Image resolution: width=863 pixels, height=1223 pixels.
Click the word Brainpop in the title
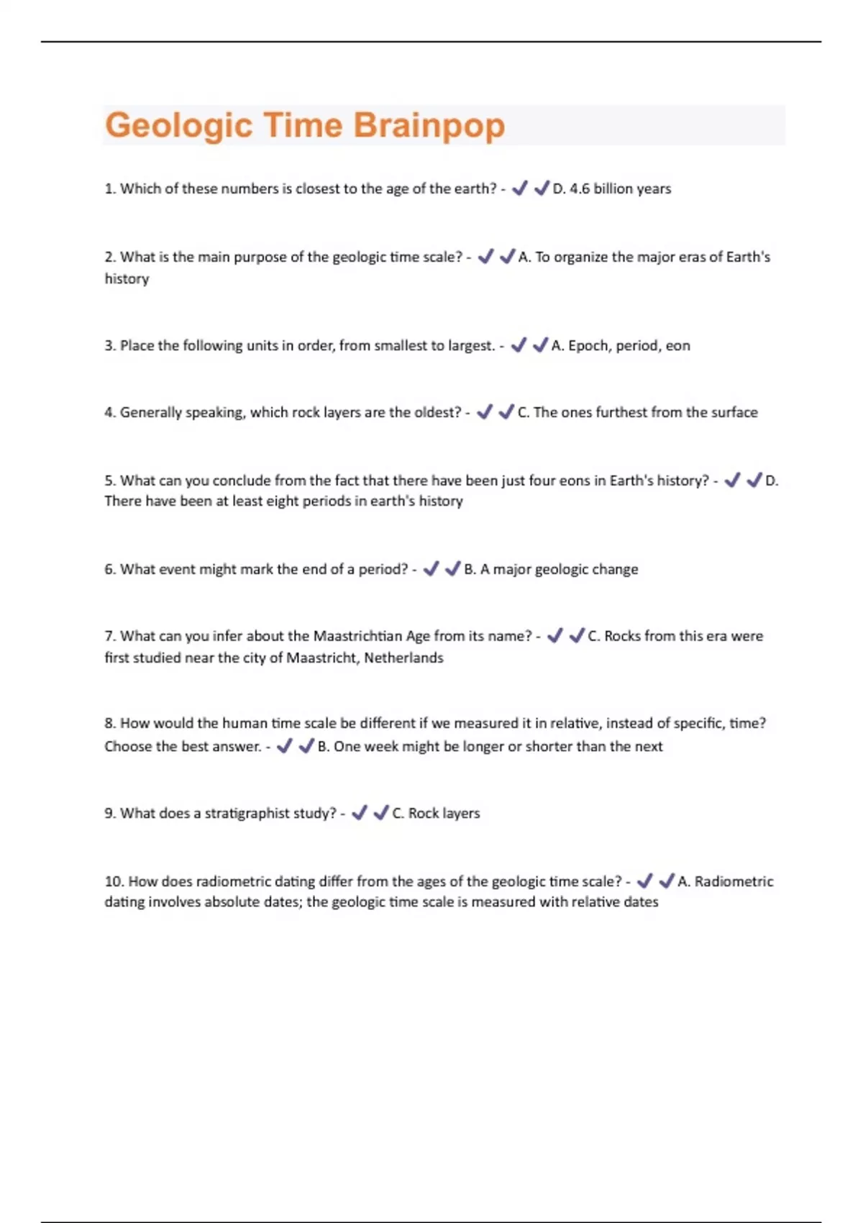429,126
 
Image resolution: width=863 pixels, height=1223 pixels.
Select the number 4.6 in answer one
579,189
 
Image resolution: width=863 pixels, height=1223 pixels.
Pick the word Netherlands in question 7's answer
403,658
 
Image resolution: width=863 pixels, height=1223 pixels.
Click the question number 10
114,882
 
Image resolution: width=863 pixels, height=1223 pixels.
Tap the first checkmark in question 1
519,188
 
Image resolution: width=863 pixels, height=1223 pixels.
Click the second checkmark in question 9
381,813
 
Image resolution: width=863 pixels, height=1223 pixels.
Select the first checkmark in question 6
431,569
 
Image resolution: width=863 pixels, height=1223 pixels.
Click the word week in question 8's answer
381,747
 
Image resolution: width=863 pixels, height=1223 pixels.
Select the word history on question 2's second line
127,279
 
